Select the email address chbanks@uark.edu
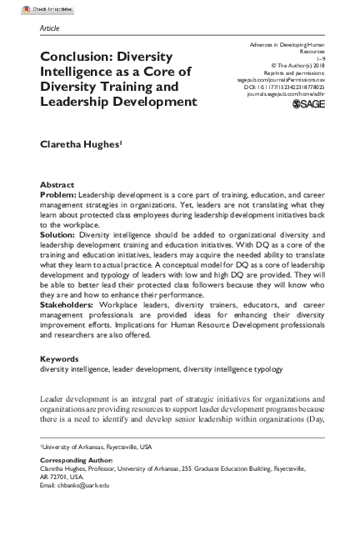pyautogui.click(x=87, y=484)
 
